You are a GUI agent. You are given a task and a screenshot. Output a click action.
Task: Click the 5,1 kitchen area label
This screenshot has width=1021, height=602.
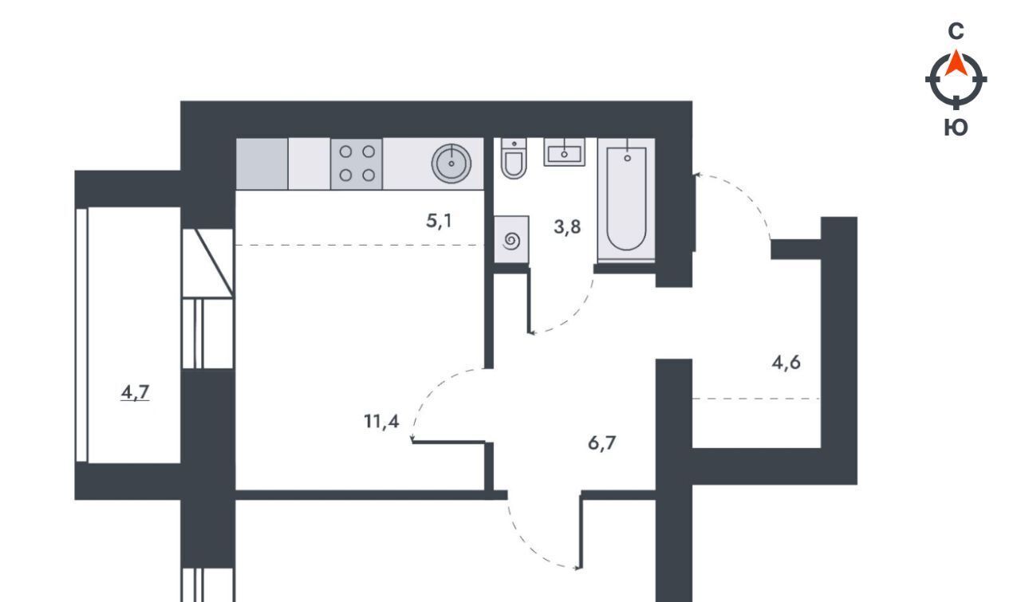(439, 222)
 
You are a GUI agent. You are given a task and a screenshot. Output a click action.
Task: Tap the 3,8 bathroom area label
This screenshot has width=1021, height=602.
(567, 227)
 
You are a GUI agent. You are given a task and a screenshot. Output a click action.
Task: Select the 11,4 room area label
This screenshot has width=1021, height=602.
(381, 422)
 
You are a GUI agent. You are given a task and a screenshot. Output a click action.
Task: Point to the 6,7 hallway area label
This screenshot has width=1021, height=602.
(601, 443)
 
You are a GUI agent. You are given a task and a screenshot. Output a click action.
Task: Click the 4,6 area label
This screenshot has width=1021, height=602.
(786, 364)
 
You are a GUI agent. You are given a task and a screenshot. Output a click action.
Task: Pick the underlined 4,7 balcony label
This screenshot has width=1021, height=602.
(135, 392)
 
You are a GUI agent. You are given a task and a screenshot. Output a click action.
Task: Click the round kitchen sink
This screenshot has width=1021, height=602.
(451, 163)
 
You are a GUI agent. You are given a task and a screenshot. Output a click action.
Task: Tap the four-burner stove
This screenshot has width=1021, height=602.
(357, 163)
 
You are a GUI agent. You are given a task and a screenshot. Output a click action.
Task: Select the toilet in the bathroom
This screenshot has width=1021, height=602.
(514, 158)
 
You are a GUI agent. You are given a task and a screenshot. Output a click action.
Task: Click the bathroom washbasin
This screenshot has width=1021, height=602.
(564, 152)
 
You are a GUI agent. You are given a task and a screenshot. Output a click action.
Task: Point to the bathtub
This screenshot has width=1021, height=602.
(626, 200)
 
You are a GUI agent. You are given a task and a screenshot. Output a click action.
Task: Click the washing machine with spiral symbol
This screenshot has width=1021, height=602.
(511, 240)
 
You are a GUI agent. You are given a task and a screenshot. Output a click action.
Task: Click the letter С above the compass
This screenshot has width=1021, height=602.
(956, 31)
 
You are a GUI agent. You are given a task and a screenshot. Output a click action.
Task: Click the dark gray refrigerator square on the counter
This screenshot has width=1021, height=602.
(262, 163)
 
